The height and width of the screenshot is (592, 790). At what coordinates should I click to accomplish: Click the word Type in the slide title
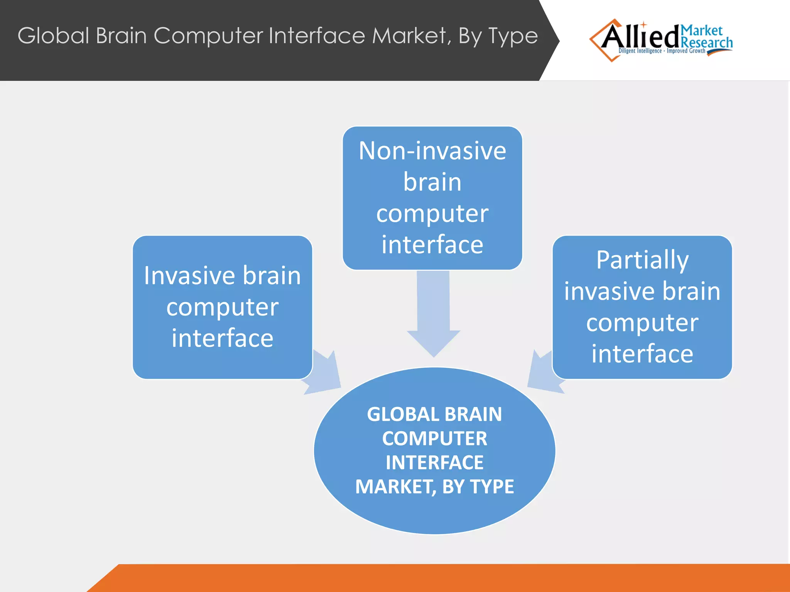click(x=513, y=37)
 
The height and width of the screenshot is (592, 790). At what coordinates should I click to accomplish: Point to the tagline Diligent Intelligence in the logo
click(x=640, y=51)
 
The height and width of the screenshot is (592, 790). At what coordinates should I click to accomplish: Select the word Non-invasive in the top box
click(x=432, y=151)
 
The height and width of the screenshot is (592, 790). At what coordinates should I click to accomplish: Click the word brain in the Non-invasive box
click(x=432, y=182)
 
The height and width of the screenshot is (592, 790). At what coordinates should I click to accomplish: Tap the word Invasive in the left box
click(x=189, y=276)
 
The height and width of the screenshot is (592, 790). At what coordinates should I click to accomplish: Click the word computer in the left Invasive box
click(x=222, y=307)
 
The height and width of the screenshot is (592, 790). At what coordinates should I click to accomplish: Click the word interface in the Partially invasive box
click(x=642, y=354)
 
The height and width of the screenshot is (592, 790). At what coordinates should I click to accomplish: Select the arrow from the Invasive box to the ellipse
click(x=324, y=374)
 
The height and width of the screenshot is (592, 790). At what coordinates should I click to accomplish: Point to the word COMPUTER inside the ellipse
click(x=434, y=439)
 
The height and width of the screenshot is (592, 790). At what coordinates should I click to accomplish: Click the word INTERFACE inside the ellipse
click(x=434, y=462)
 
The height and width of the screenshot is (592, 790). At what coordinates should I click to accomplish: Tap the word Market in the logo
click(x=701, y=30)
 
